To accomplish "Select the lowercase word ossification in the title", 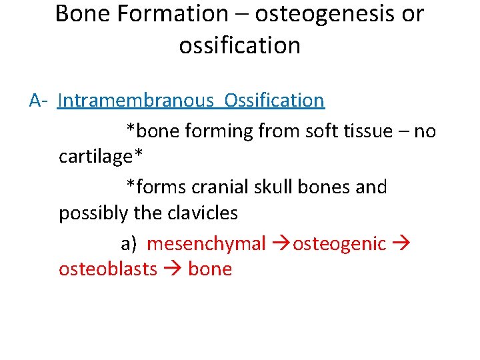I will pos(239,45).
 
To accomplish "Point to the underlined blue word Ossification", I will pos(275,101).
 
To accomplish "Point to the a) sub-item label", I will pos(128,244).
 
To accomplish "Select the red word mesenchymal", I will pos(206,244).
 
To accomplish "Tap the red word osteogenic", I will pos(339,244).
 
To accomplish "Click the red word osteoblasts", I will pos(108,269).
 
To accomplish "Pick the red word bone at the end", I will pos(210,269).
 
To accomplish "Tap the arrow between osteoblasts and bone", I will pos(173,270).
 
